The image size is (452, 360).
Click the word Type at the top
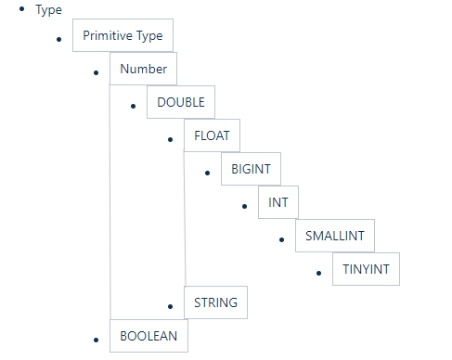coord(48,10)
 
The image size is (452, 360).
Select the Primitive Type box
coord(123,35)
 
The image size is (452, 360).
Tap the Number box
coord(143,69)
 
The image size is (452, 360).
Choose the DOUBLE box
coord(181,102)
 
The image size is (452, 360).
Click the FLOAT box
coord(212,135)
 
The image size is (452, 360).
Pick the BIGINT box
coord(251,169)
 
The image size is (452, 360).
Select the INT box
coord(278,202)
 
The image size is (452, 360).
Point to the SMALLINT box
coord(335,236)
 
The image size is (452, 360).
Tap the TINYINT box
coord(366,269)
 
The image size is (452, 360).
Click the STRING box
coord(215,302)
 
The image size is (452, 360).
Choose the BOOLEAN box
coord(149,336)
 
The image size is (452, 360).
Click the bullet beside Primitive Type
coord(58,39)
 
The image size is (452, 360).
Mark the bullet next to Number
coord(96,72)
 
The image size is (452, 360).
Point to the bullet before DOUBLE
coord(133,106)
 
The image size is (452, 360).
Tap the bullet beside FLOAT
coord(170,139)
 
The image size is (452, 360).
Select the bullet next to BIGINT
coord(207,173)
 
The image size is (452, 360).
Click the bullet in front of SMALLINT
coord(281,239)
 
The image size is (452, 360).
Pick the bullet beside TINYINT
coord(318,273)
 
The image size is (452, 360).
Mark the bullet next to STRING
coord(170,306)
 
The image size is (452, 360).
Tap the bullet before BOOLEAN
coord(96,340)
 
